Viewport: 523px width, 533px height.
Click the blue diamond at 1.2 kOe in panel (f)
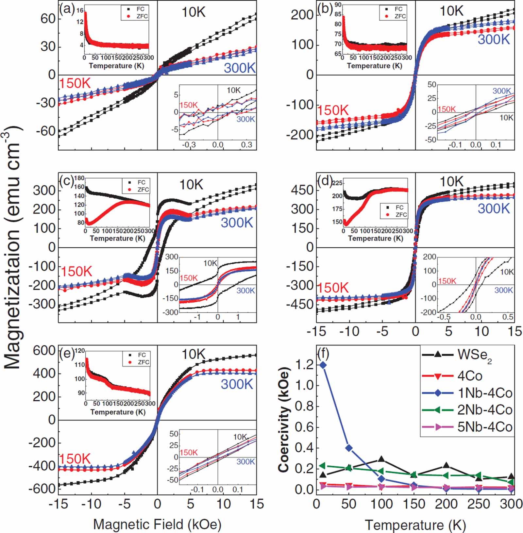click(x=323, y=365)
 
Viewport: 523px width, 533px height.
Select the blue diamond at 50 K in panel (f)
click(x=349, y=448)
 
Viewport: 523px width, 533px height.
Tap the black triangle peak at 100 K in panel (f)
click(x=381, y=459)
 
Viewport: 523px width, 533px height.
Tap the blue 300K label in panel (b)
click(x=494, y=39)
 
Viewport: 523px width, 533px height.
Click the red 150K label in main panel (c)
click(x=76, y=271)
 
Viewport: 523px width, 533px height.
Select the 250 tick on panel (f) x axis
click(x=479, y=504)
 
